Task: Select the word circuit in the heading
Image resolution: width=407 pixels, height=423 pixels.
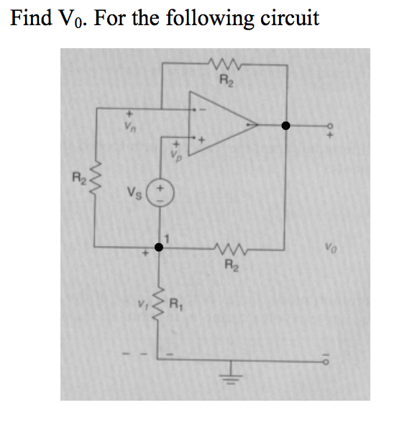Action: click(288, 17)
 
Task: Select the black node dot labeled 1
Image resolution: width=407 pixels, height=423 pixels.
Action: click(158, 247)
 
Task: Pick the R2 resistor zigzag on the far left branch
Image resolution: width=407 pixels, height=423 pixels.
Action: click(96, 178)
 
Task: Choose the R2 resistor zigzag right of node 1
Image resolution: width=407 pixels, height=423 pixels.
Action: click(231, 248)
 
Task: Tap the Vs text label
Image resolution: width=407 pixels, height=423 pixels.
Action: click(134, 194)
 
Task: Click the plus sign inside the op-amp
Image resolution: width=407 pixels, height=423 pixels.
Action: click(202, 137)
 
